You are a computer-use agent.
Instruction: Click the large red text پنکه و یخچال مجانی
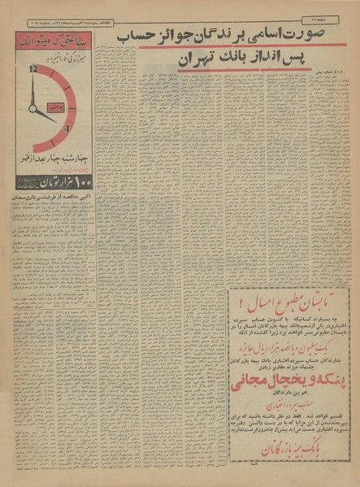[288, 403]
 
